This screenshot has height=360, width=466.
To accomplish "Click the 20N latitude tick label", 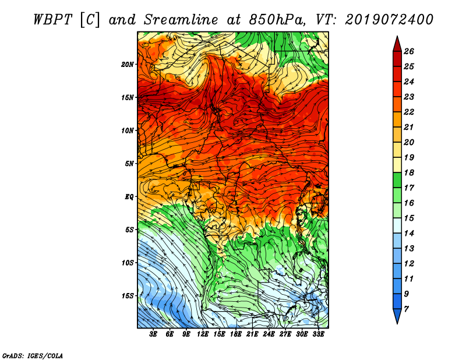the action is pyautogui.click(x=128, y=64).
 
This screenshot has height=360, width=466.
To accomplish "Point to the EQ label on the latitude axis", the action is pyautogui.click(x=129, y=197).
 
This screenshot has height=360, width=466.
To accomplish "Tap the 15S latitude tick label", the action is pyautogui.click(x=128, y=296).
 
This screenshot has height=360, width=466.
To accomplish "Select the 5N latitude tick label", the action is pyautogui.click(x=129, y=164).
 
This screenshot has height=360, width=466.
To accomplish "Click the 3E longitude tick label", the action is pyautogui.click(x=153, y=334).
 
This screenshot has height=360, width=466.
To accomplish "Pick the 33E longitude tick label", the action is pyautogui.click(x=318, y=334).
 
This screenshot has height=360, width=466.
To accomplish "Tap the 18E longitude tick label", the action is pyautogui.click(x=236, y=334).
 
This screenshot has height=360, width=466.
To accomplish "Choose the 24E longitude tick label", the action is pyautogui.click(x=269, y=334).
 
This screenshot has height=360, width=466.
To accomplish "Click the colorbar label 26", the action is pyautogui.click(x=409, y=51).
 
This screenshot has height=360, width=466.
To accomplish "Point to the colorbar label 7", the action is pyautogui.click(x=406, y=309).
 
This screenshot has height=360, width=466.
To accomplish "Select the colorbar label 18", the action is pyautogui.click(x=409, y=172).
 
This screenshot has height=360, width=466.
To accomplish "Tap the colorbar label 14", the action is pyautogui.click(x=409, y=234).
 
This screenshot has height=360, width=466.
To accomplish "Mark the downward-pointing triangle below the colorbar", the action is pyautogui.click(x=397, y=316).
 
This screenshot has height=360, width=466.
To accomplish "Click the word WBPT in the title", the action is pyautogui.click(x=52, y=20).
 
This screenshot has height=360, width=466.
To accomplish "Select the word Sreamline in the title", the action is pyautogui.click(x=181, y=20).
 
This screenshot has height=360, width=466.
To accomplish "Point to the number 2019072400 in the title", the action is pyautogui.click(x=389, y=20).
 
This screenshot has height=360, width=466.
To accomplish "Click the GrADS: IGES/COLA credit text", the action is pyautogui.click(x=33, y=356).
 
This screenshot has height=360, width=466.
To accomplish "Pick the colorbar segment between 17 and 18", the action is pyautogui.click(x=397, y=180).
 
